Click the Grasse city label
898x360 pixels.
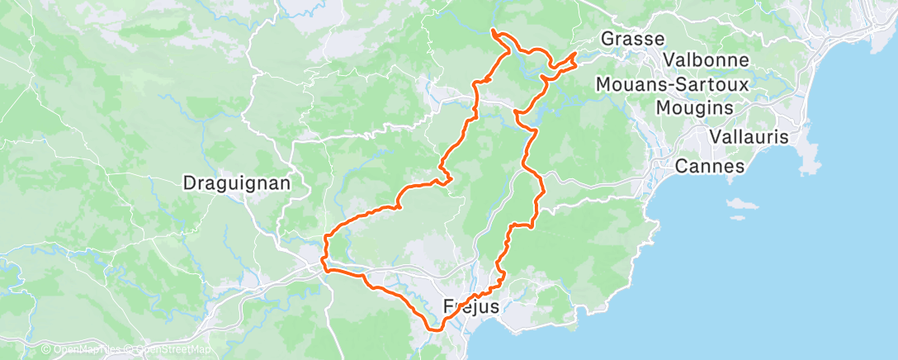[632, 39]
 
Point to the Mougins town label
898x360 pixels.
[694, 107]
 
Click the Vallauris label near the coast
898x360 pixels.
[749, 136]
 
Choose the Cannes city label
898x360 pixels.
[709, 166]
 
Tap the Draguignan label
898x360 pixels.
[236, 184]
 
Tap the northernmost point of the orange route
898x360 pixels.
[494, 31]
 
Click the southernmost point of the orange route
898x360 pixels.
[436, 329]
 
